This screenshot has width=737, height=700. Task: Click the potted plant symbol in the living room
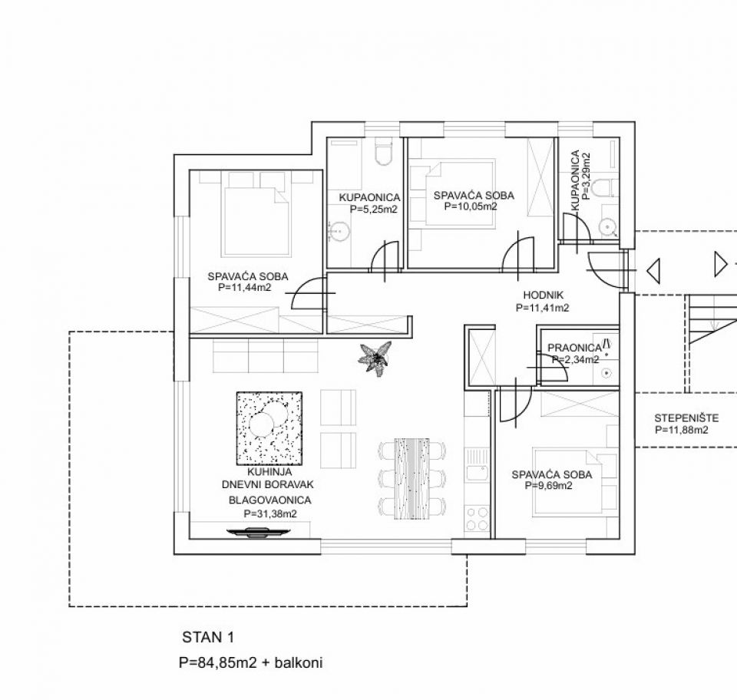(x=375, y=358)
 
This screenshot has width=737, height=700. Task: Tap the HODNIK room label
(x=543, y=295)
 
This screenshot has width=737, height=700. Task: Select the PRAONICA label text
(x=574, y=348)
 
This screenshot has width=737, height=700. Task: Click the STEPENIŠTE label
(x=686, y=418)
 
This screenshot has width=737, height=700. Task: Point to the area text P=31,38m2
(x=270, y=514)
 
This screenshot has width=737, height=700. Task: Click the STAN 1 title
(x=208, y=638)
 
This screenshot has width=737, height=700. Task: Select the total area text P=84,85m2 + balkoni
(x=251, y=663)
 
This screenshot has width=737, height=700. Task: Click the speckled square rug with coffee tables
(x=269, y=428)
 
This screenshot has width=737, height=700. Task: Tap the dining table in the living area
(x=411, y=479)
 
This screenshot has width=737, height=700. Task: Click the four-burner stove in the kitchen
(x=477, y=519)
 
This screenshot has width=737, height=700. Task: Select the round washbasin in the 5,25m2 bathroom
(x=339, y=231)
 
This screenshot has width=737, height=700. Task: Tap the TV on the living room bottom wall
(x=258, y=532)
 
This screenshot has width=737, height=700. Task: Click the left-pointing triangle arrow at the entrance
(x=653, y=271)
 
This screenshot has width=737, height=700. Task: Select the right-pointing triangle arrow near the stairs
(x=721, y=264)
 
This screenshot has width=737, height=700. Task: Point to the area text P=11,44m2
(x=244, y=288)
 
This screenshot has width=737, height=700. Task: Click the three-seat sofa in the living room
(x=266, y=356)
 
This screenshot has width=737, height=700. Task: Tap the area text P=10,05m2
(x=471, y=206)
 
